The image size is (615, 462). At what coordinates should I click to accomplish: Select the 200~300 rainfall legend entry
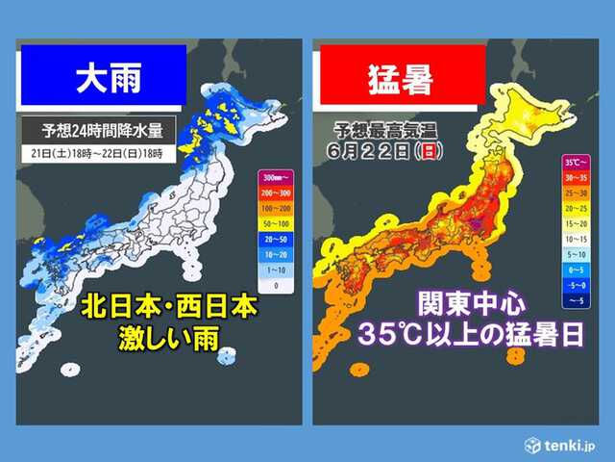(x=273, y=192)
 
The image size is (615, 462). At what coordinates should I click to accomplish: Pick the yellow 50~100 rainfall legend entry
(x=273, y=222)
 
